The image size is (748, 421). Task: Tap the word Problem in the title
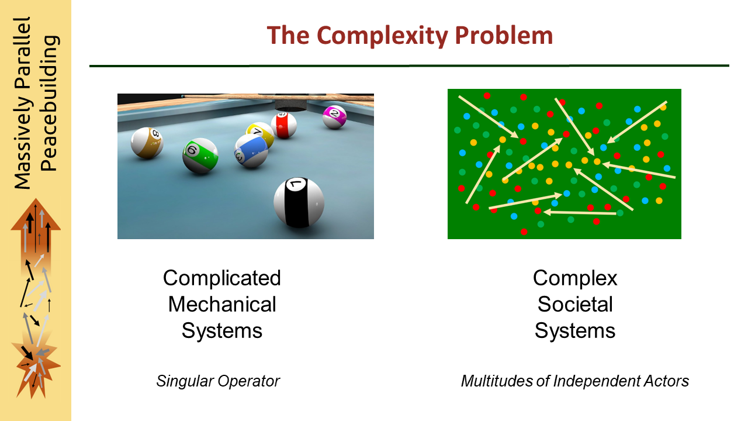(x=504, y=35)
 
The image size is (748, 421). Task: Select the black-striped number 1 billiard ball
(x=299, y=202)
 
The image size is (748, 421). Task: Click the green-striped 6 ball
(x=200, y=156)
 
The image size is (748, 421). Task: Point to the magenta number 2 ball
(x=334, y=117)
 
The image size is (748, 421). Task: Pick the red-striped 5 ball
(x=283, y=125)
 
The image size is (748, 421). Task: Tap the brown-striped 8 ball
(x=147, y=143)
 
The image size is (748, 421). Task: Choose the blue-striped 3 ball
(x=251, y=151)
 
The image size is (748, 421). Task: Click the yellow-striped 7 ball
(x=260, y=134)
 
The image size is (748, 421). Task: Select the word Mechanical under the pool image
(x=222, y=305)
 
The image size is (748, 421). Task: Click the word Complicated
(x=221, y=278)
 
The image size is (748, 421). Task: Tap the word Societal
(x=575, y=305)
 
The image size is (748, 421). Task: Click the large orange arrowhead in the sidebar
(x=36, y=217)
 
